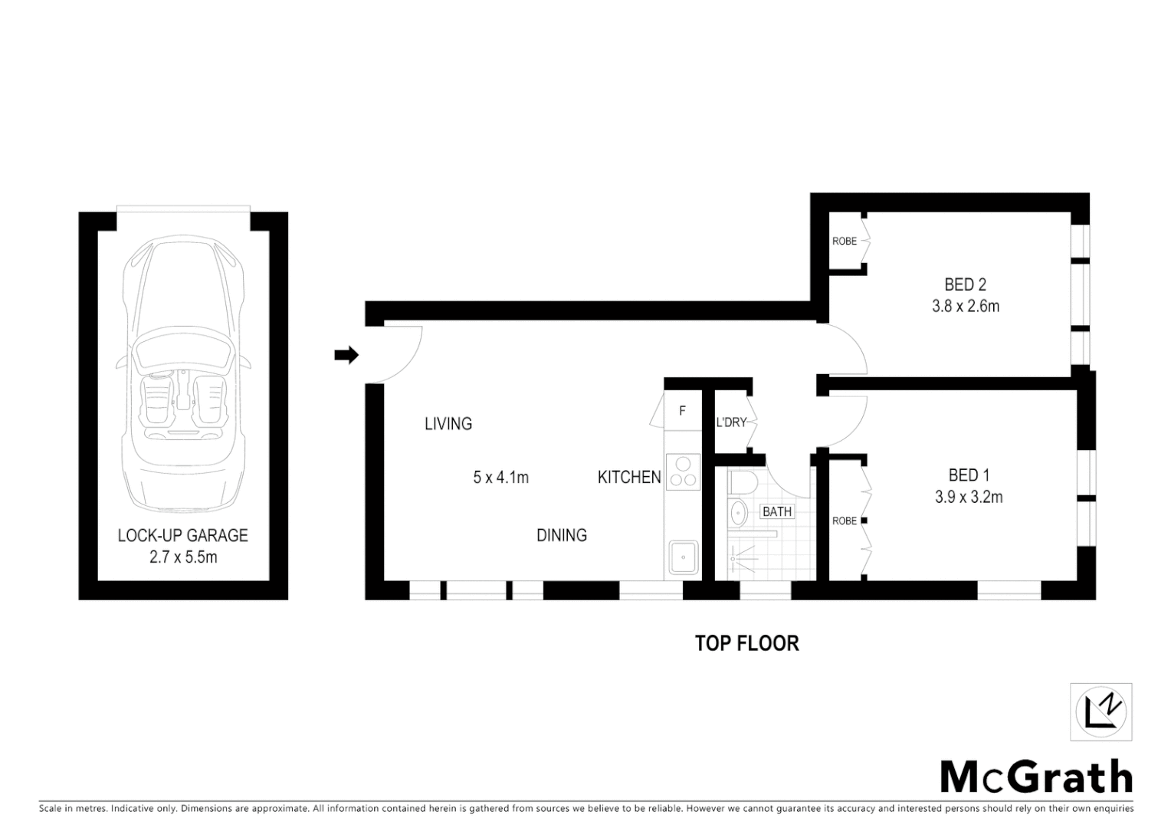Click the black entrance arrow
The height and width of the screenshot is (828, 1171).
(346, 355)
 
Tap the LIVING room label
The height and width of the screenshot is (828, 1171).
(448, 423)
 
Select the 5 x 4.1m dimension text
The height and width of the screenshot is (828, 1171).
(501, 478)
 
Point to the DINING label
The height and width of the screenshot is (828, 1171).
(561, 535)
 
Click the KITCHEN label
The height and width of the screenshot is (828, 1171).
(628, 477)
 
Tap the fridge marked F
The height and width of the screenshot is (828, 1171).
(682, 412)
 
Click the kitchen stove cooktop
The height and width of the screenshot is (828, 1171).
(682, 472)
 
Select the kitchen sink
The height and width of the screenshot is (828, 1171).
(682, 557)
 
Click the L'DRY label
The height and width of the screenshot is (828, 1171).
(730, 422)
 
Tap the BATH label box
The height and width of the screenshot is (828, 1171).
(776, 511)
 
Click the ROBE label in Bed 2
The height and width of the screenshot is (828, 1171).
(844, 242)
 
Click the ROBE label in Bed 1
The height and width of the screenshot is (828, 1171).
(844, 521)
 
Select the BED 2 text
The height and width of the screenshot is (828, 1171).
(965, 284)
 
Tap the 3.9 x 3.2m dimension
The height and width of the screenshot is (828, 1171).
(969, 497)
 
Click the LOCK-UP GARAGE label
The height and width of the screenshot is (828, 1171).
(182, 535)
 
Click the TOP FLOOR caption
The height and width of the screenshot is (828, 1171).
(746, 643)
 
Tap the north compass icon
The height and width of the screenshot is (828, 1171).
(1100, 711)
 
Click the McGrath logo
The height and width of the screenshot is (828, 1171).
(1035, 777)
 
